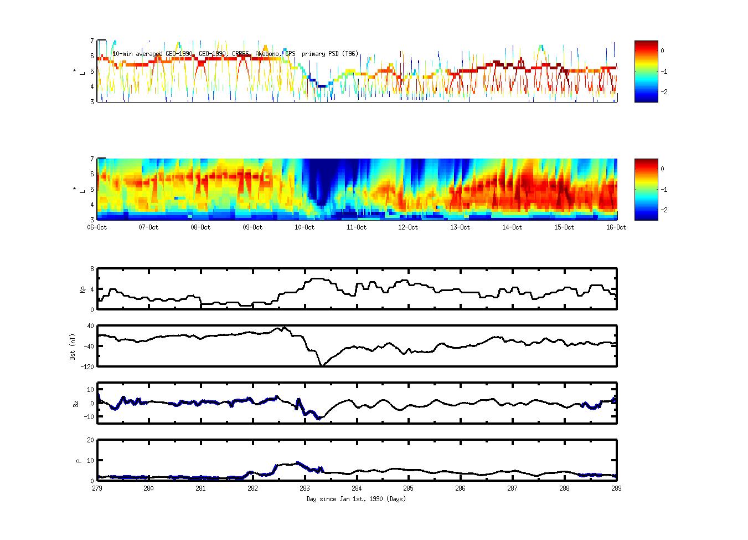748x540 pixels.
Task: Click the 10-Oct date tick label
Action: [x=305, y=227]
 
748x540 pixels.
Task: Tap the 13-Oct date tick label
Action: [x=460, y=227]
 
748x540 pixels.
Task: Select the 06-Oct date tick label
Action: [x=97, y=227]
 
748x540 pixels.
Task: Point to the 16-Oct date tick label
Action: [x=616, y=227]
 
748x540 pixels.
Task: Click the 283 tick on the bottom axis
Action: [x=305, y=488]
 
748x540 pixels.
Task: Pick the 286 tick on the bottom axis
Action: [x=460, y=488]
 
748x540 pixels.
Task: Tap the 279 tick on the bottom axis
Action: [x=97, y=488]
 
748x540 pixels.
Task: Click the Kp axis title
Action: [x=82, y=289]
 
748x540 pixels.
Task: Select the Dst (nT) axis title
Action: [x=73, y=347]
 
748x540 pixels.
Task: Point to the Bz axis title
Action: [x=76, y=404]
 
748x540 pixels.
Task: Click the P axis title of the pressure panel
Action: [x=79, y=461]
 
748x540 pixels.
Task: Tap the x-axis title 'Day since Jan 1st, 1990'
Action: [x=356, y=499]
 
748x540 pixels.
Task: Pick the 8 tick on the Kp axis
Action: [x=92, y=269]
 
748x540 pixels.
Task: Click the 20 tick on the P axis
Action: [x=90, y=440]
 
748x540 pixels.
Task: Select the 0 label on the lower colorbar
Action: [x=662, y=169]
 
